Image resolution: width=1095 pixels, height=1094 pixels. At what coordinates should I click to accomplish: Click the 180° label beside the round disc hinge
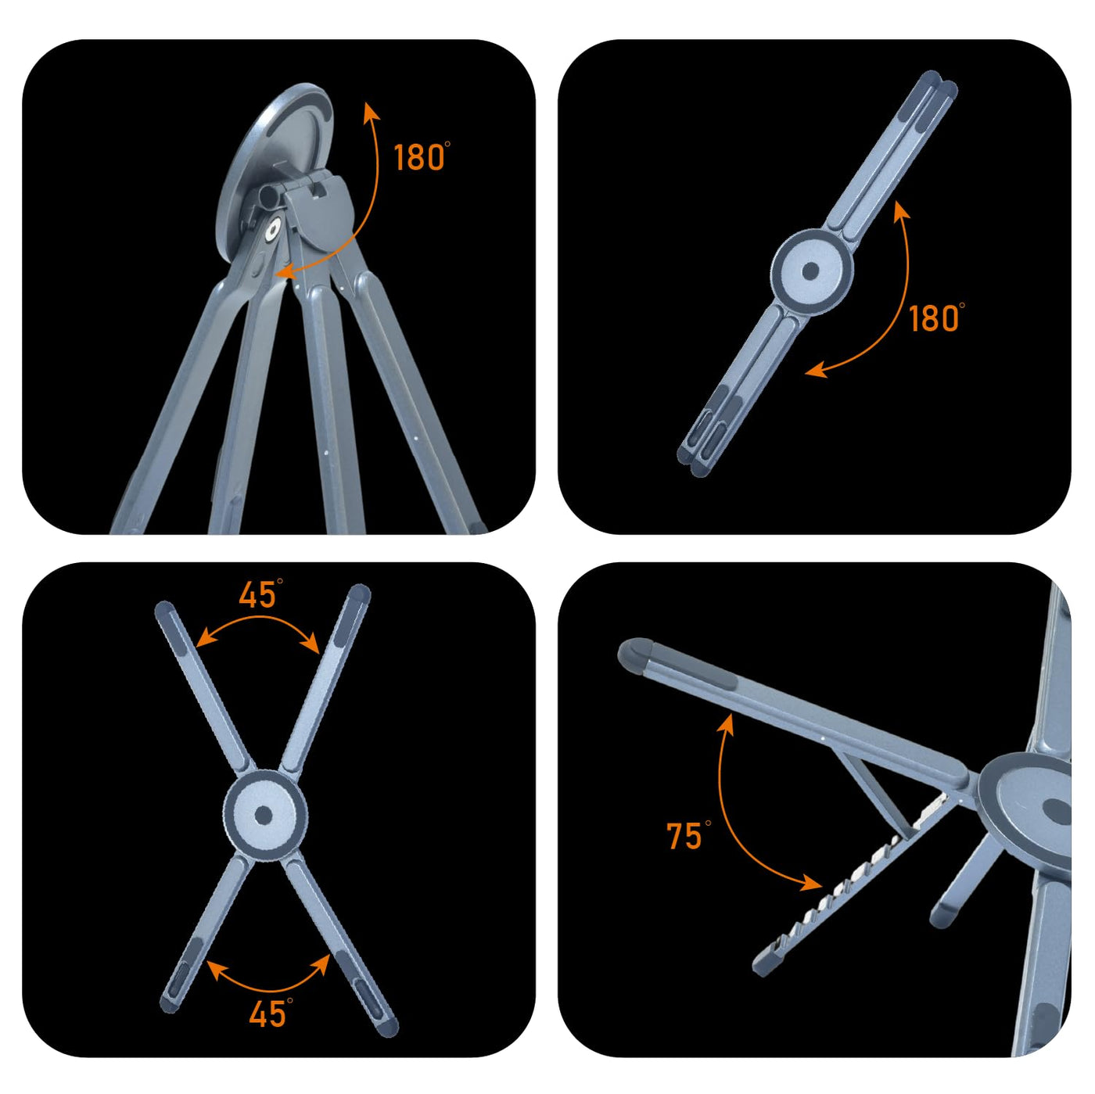click(422, 157)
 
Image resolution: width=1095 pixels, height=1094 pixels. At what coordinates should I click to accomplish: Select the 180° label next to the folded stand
click(936, 317)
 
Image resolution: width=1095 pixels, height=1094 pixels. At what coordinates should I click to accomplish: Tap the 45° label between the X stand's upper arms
click(260, 594)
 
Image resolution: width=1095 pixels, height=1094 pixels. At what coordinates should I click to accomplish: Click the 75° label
click(688, 835)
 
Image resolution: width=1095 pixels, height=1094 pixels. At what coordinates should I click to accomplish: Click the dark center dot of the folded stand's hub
click(811, 271)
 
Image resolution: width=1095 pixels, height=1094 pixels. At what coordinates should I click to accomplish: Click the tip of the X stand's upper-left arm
click(164, 608)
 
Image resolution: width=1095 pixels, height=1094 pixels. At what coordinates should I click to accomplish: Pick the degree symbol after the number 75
click(708, 823)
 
